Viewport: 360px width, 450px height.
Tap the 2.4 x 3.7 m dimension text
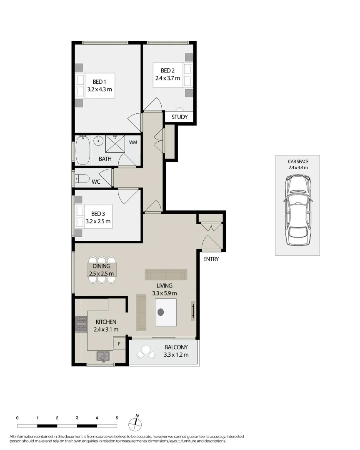click(166, 78)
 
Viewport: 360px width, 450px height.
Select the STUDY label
click(180, 117)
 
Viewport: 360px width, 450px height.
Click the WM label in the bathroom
click(133, 142)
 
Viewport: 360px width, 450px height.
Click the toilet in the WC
click(82, 179)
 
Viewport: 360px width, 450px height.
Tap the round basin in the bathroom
click(98, 141)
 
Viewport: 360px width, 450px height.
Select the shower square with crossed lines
click(115, 144)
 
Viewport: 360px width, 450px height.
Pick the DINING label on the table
click(102, 266)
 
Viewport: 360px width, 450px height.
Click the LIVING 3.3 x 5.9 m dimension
click(165, 293)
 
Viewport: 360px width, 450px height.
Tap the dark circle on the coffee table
click(161, 312)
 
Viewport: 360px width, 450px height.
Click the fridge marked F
click(119, 344)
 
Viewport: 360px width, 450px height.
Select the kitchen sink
click(103, 356)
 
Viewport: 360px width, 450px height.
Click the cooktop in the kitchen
click(80, 323)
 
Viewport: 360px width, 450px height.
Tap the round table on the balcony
click(146, 350)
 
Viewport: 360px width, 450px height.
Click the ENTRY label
click(211, 259)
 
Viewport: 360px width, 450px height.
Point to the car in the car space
click(297, 210)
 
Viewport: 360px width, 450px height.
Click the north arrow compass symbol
click(135, 423)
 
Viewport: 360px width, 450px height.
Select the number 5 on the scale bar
click(117, 417)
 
